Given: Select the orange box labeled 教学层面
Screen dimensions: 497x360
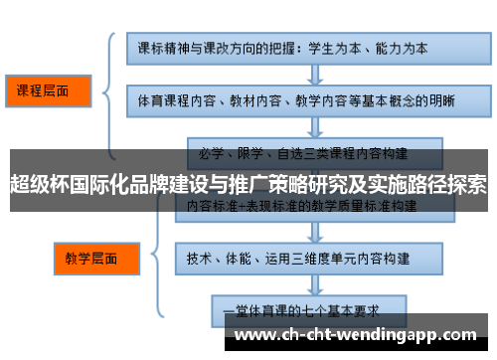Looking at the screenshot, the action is (x=91, y=258).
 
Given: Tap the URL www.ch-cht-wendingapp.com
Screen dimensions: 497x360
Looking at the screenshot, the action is (x=359, y=334).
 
